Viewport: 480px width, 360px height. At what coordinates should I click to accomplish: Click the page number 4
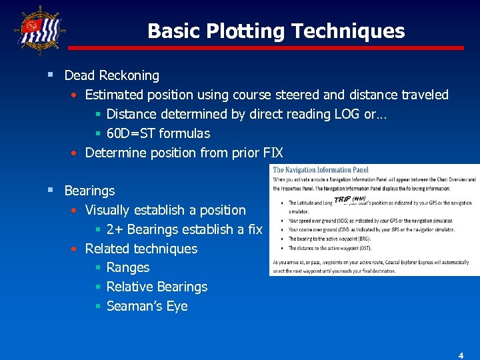point(460,355)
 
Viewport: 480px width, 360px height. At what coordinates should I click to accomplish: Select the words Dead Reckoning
point(111,75)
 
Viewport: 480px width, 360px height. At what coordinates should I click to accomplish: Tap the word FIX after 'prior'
point(274,153)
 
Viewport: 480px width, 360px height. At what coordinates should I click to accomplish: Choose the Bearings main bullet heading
point(89,191)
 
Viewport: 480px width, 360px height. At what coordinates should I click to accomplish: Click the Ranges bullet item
point(128,268)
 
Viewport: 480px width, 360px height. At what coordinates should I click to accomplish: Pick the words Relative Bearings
point(157,287)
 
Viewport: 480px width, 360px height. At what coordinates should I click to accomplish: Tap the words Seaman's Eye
point(147,307)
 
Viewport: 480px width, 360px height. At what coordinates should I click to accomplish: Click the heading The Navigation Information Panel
point(321,170)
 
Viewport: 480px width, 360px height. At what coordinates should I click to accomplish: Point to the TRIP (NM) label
point(349,199)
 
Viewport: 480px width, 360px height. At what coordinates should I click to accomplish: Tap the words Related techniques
point(141,249)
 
